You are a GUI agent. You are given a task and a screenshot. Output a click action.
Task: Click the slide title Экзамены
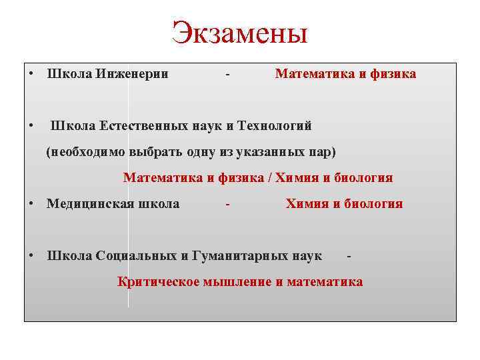(239, 32)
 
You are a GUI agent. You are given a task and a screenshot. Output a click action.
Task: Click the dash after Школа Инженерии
(228, 75)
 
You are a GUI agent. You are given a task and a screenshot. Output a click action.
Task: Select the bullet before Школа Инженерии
(31, 74)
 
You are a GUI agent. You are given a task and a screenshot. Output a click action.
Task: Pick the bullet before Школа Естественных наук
(31, 126)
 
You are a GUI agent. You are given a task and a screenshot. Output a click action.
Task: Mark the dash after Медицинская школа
(228, 205)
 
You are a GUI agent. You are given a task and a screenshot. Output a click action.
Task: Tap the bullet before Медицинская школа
(31, 204)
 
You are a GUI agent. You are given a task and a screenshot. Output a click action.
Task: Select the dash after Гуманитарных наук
(349, 257)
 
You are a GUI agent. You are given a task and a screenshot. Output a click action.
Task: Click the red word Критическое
(157, 282)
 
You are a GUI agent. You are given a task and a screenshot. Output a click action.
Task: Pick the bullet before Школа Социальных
(31, 256)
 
